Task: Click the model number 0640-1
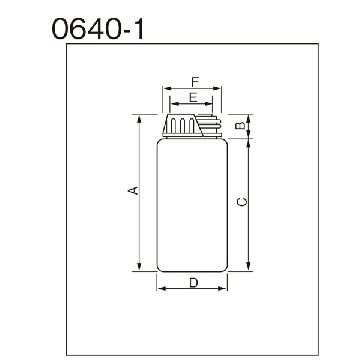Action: pyautogui.click(x=98, y=28)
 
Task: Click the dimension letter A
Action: pyautogui.click(x=133, y=190)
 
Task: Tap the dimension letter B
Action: pyautogui.click(x=239, y=125)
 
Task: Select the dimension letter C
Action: pyautogui.click(x=242, y=202)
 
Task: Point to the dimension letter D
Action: pyautogui.click(x=194, y=283)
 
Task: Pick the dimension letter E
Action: pyautogui.click(x=193, y=98)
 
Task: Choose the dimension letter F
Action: pyautogui.click(x=195, y=81)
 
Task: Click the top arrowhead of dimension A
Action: pyautogui.click(x=139, y=119)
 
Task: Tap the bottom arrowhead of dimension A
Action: pyautogui.click(x=139, y=266)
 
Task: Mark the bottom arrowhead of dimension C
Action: pyautogui.click(x=248, y=266)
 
